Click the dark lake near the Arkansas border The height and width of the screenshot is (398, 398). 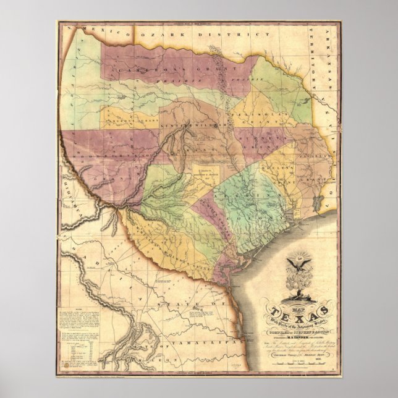pyautogui.click(x=316, y=202)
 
